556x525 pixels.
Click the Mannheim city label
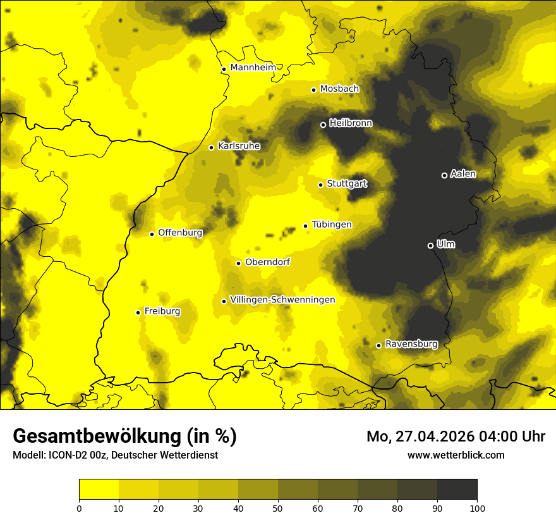253,68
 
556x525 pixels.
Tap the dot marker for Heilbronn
323,125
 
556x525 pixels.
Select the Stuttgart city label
347,184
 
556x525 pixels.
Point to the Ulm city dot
430,245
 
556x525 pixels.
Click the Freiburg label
162,311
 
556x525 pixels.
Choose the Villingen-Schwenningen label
282,300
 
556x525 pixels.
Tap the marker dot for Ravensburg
378,345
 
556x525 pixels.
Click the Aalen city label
463,174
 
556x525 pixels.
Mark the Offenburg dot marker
152,234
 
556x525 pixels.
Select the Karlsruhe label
239,146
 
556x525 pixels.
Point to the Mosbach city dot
313,90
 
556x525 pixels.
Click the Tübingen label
332,225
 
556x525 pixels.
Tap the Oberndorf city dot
238,263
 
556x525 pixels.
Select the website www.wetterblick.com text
456,455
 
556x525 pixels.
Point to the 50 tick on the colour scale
278,507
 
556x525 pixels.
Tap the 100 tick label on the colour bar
477,507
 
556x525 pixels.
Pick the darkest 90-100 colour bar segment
457,490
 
